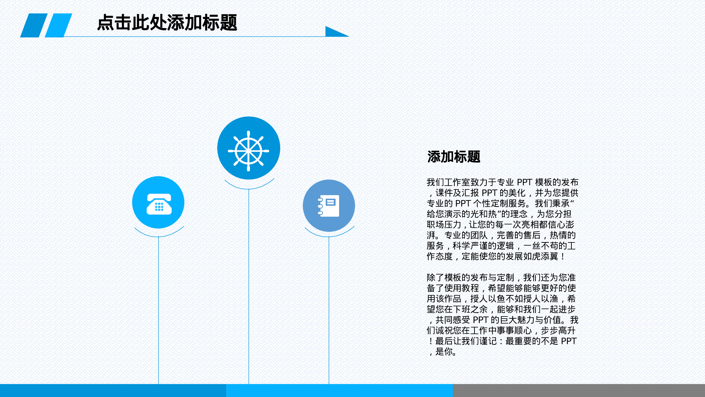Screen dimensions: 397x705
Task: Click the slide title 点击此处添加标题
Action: [167, 23]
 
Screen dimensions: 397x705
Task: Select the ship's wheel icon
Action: [249, 151]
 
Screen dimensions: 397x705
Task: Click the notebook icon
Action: [329, 206]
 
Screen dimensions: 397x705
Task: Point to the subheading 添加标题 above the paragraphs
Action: [454, 157]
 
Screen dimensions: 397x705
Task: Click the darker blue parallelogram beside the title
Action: [34, 25]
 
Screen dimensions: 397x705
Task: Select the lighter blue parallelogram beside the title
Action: [59, 25]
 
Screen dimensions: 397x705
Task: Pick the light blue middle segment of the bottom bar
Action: [339, 390]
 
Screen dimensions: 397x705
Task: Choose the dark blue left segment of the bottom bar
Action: [113, 390]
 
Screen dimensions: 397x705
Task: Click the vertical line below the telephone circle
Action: [158, 311]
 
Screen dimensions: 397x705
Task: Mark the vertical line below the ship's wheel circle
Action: [249, 286]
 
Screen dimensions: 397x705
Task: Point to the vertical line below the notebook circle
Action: [329, 311]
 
